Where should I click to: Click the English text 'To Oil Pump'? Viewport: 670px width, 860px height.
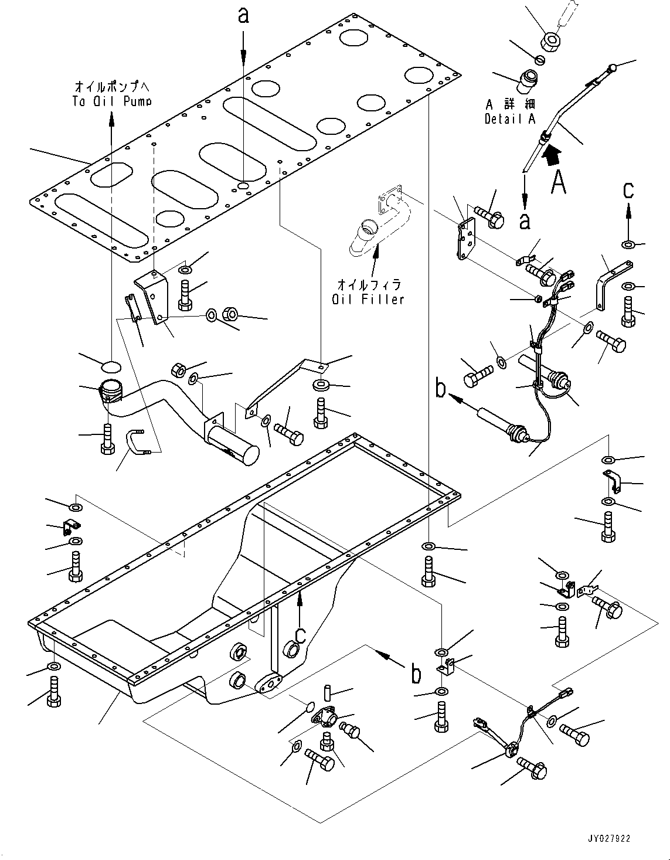click(x=113, y=101)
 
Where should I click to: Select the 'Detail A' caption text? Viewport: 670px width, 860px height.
click(x=510, y=118)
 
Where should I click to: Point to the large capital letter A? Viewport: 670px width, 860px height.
click(x=559, y=182)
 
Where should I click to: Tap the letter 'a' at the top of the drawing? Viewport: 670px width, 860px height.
click(x=243, y=16)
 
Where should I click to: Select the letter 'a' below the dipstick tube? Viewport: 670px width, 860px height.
click(x=525, y=220)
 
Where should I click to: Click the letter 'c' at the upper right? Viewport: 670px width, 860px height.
click(x=628, y=190)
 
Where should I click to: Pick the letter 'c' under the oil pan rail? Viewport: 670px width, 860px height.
click(x=300, y=634)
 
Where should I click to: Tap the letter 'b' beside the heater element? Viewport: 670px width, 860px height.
click(x=441, y=389)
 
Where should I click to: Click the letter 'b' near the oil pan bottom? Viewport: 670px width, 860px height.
click(x=416, y=675)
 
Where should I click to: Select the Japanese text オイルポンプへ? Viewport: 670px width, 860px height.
click(x=113, y=87)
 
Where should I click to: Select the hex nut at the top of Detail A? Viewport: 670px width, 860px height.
click(x=552, y=42)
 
